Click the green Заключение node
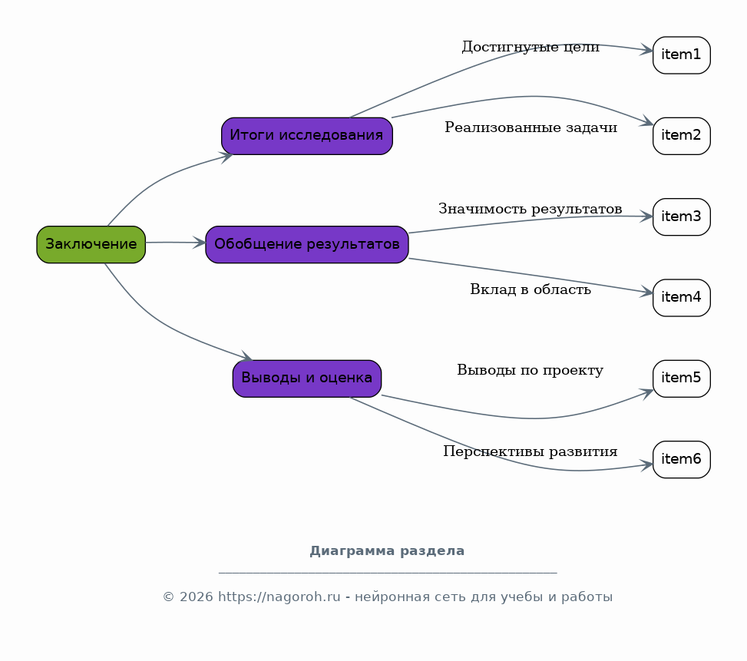(91, 244)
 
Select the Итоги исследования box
(307, 136)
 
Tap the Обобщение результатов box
(307, 244)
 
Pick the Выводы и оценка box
(307, 378)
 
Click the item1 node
(681, 55)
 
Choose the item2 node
(681, 136)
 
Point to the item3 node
(681, 216)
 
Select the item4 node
(681, 298)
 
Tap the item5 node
(681, 378)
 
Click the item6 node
(681, 460)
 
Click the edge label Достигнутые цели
(531, 47)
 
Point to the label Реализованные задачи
(531, 127)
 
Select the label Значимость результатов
(531, 209)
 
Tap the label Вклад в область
(531, 289)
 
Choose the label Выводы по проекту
(531, 370)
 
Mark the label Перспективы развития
(531, 451)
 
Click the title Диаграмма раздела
(387, 551)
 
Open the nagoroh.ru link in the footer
(279, 597)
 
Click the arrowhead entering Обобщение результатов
(200, 243)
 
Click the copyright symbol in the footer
(168, 597)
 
